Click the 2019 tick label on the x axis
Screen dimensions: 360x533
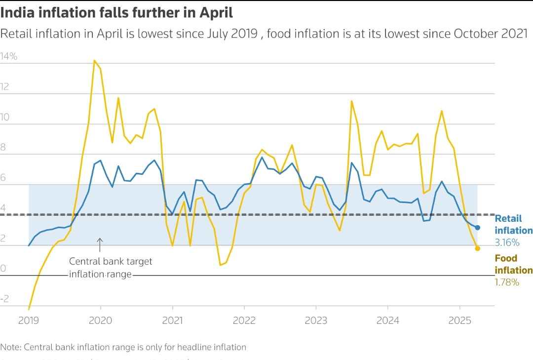(29, 320)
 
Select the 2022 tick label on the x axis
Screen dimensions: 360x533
(244, 320)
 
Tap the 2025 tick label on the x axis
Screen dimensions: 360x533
(459, 320)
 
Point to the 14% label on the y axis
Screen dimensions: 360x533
(9, 57)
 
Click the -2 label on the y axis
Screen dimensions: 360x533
(5, 299)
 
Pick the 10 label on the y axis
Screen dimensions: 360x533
(5, 118)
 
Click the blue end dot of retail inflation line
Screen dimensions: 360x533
(477, 227)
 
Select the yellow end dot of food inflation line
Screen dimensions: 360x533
(477, 248)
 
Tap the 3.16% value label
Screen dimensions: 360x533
(507, 242)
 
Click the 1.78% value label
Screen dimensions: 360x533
(507, 282)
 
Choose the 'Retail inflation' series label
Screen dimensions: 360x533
(513, 224)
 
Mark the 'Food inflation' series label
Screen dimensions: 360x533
(513, 264)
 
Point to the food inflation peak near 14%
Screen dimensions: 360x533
(94, 61)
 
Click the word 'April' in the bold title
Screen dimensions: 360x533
(216, 12)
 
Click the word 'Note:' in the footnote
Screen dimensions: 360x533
(10, 347)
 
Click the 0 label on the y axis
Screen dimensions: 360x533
(3, 269)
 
